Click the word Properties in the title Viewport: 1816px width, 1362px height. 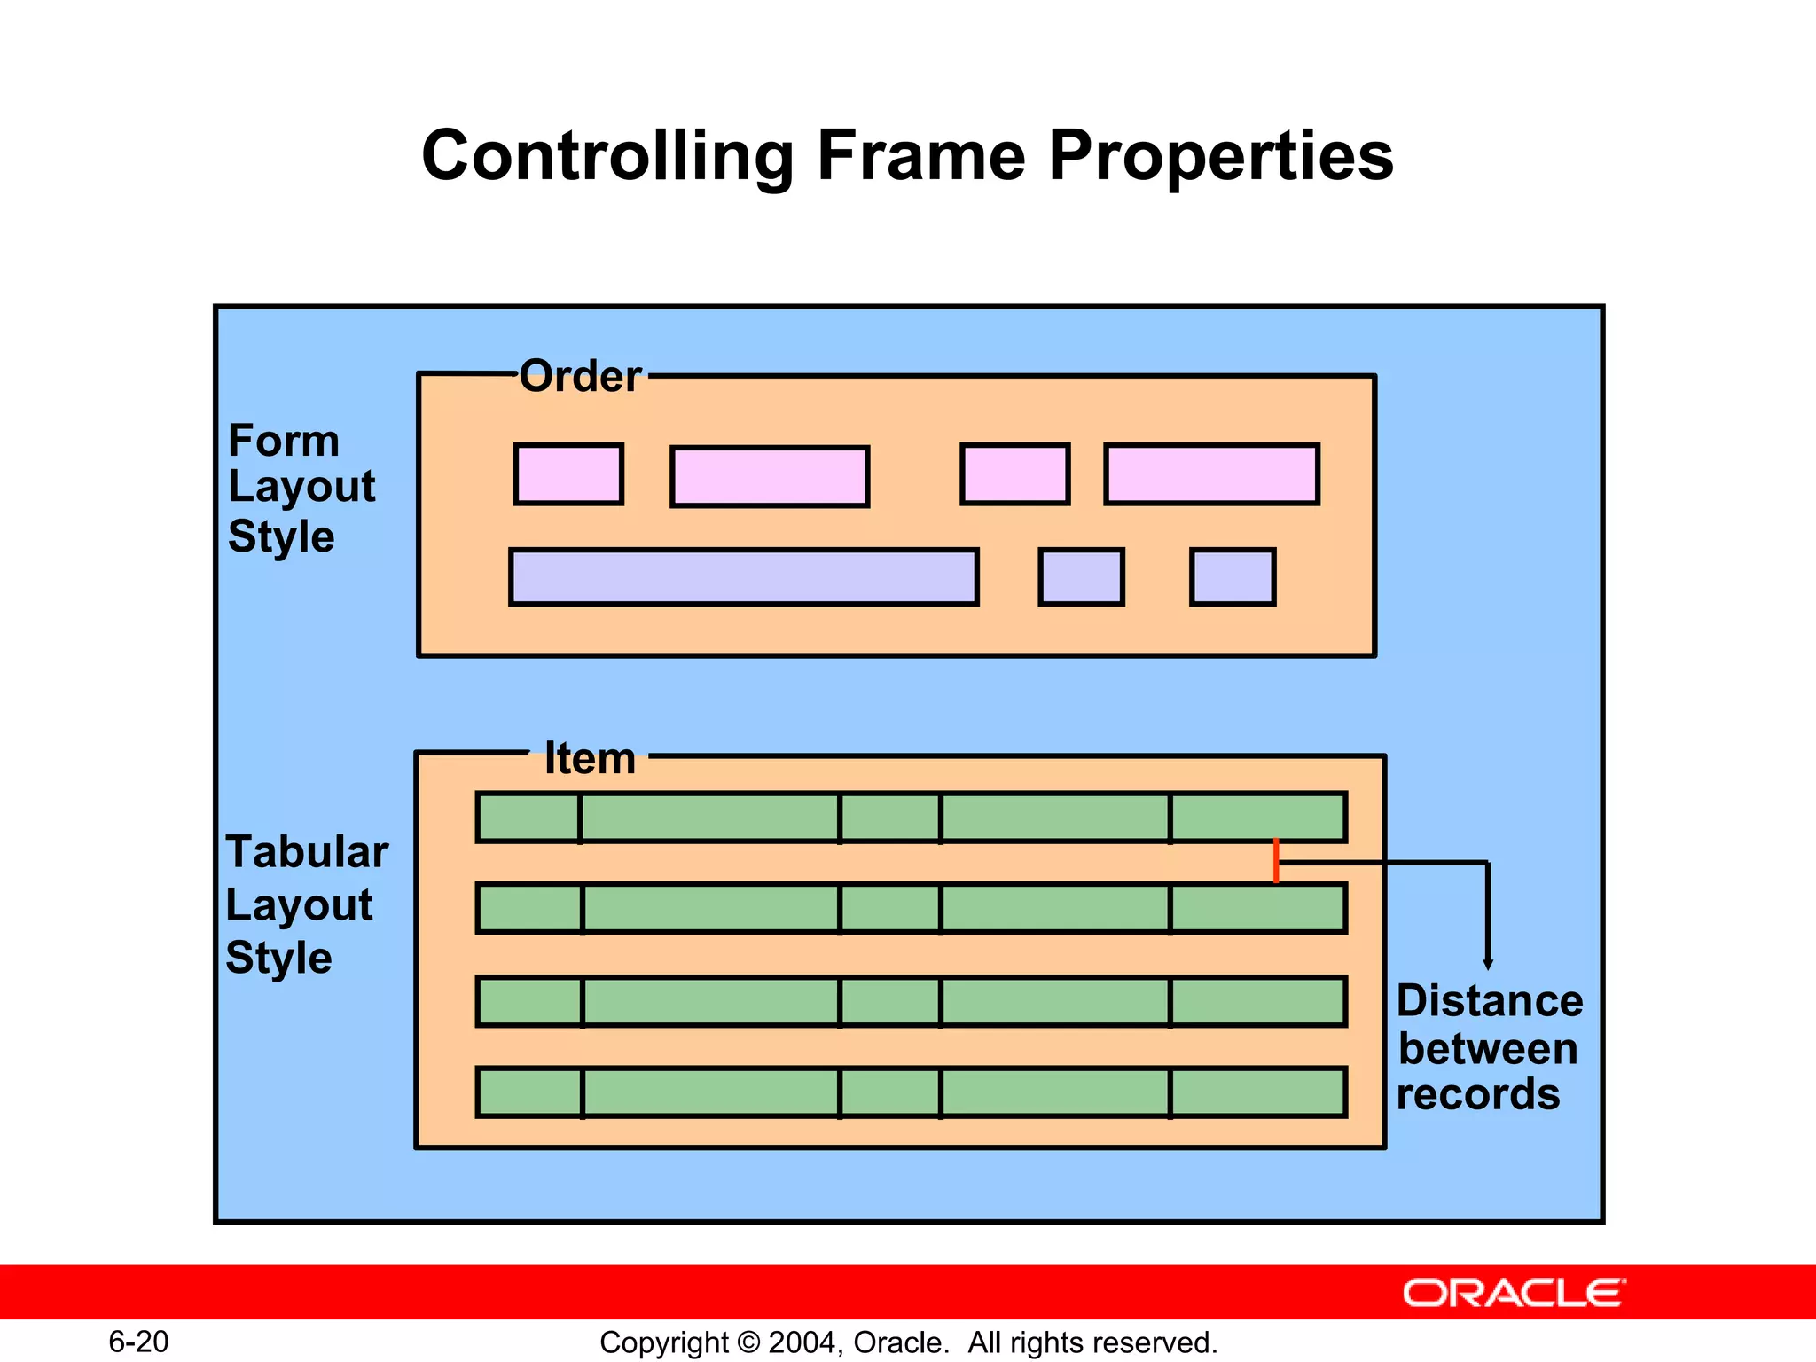(1221, 158)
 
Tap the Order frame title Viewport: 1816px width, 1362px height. (580, 377)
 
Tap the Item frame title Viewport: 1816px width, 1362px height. (590, 759)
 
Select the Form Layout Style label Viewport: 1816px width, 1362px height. (301, 488)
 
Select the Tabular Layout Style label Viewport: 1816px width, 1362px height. (306, 904)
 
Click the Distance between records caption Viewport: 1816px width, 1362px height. (1488, 1048)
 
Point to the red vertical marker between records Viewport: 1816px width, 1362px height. (1276, 861)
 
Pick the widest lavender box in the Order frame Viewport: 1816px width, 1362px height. (743, 577)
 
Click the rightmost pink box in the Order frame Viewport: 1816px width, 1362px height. (1211, 475)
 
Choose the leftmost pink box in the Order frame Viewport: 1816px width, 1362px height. (568, 474)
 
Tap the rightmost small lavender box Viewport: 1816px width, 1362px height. (1233, 577)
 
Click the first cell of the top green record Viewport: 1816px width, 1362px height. (528, 818)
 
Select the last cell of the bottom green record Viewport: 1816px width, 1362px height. (1257, 1092)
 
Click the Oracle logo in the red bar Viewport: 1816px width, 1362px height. (1514, 1293)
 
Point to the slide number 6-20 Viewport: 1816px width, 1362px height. (138, 1342)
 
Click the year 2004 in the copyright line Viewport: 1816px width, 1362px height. (802, 1342)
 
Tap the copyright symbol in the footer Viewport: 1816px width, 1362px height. (748, 1342)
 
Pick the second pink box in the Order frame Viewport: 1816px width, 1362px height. (770, 477)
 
